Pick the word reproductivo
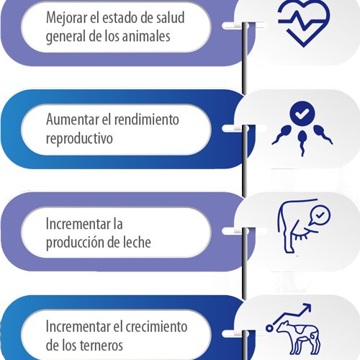point(79,138)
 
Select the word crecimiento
point(156,327)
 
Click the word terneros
point(102,346)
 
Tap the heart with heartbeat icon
point(304,23)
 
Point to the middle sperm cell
point(302,143)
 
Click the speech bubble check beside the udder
point(320,215)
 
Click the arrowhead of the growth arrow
point(307,308)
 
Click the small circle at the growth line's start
point(269,328)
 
